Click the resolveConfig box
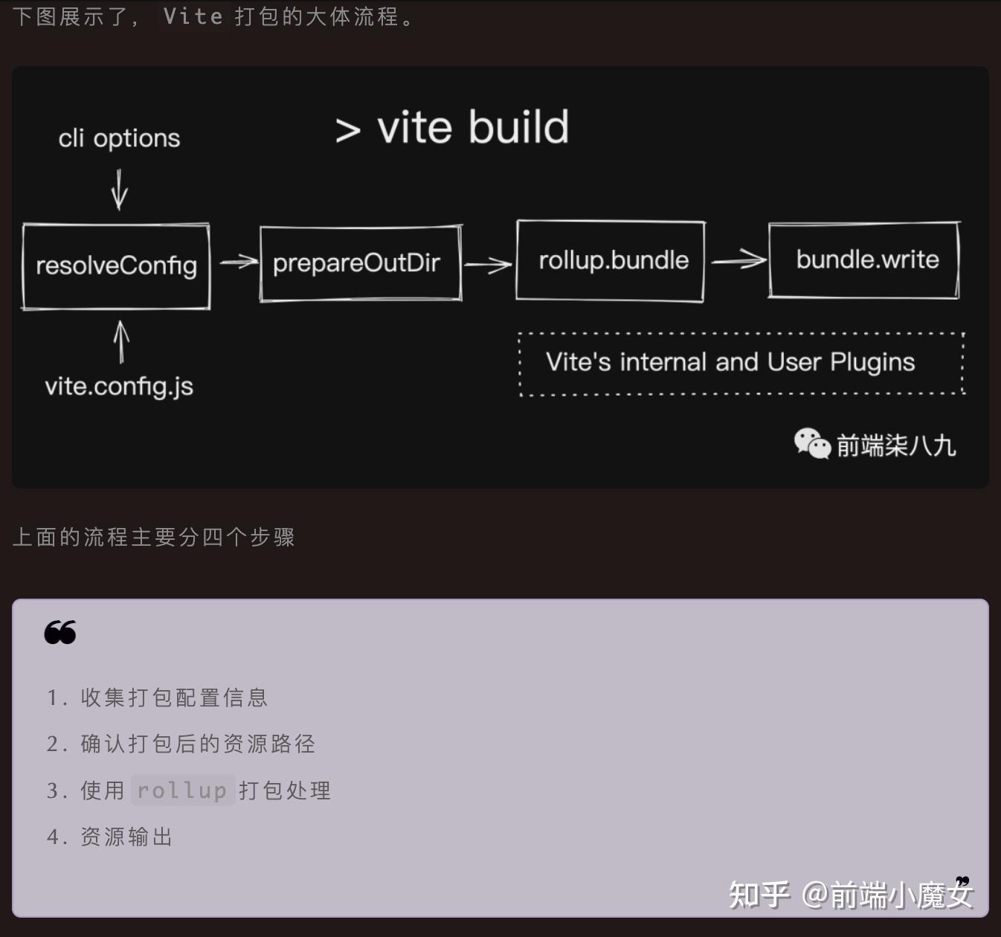116,265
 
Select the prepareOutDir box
360,263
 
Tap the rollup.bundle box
611,260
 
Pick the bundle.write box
864,260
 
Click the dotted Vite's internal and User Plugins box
741,363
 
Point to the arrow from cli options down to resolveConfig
119,190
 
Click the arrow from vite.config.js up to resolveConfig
121,342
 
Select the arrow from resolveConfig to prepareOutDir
238,262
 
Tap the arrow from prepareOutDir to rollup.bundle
488,264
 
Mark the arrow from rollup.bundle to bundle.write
738,260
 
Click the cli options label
119,138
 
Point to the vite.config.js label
119,387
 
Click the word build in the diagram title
519,127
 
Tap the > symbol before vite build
347,130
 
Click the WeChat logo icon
811,444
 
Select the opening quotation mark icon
60,632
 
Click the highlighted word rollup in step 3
183,790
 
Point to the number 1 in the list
53,698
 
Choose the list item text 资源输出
126,837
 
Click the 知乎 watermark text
759,894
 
